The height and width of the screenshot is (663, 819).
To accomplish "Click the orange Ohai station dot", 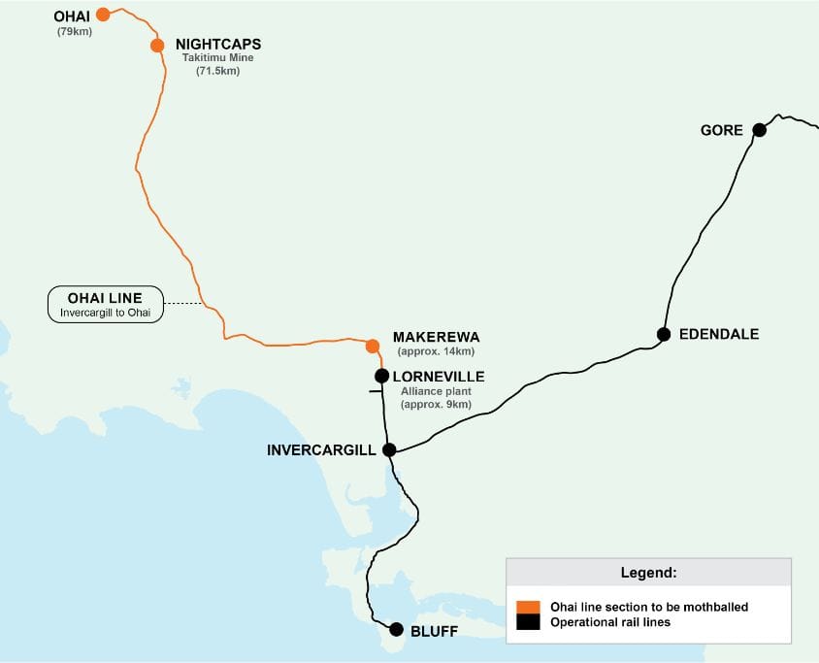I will click(x=103, y=15).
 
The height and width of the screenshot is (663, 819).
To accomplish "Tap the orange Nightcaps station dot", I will click(x=157, y=46).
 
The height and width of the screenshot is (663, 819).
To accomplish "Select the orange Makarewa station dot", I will click(x=372, y=346).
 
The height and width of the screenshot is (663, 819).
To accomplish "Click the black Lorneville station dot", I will click(x=382, y=376).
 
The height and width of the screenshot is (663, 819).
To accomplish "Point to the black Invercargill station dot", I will click(x=389, y=449).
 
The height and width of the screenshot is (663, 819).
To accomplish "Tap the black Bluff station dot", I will click(x=396, y=629).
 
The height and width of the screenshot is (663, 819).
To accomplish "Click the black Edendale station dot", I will click(x=664, y=334).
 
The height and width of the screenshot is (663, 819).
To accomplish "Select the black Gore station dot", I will click(x=759, y=130).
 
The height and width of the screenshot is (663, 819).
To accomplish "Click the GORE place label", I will click(x=721, y=130).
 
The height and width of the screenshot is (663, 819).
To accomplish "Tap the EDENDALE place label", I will click(x=719, y=334).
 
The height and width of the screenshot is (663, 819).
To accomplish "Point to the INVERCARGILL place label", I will click(x=322, y=450).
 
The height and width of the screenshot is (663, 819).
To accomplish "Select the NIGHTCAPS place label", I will click(x=218, y=45).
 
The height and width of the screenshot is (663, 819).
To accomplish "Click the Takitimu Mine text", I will click(x=218, y=58).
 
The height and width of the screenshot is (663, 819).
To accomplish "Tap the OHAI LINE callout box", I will click(x=107, y=304).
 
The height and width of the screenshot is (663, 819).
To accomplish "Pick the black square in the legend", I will click(x=528, y=622).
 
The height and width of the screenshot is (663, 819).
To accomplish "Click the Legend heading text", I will click(x=648, y=572).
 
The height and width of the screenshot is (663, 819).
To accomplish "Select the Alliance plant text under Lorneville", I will click(x=436, y=390).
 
